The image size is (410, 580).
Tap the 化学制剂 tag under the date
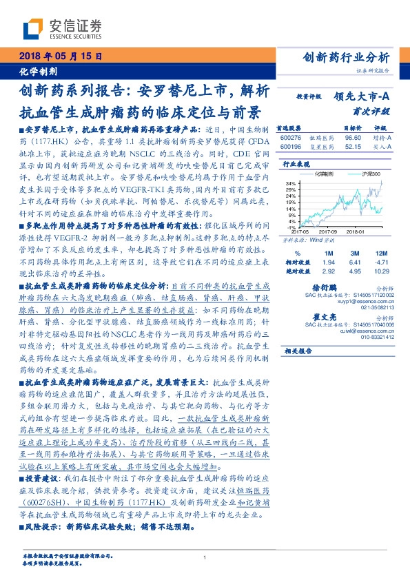pos(39,71)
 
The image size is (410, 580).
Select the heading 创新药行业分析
pos(347,57)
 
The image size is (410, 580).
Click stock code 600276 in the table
pos(291,138)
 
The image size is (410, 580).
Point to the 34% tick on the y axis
pos(291,183)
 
